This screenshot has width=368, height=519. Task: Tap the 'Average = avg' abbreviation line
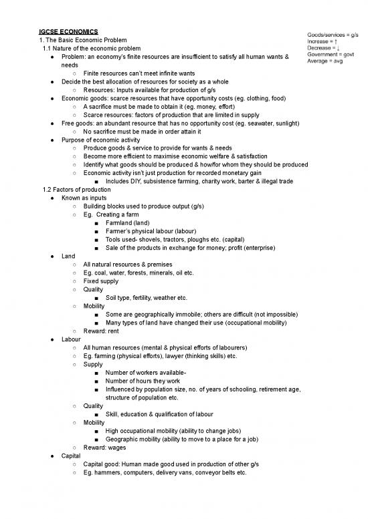click(325, 62)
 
